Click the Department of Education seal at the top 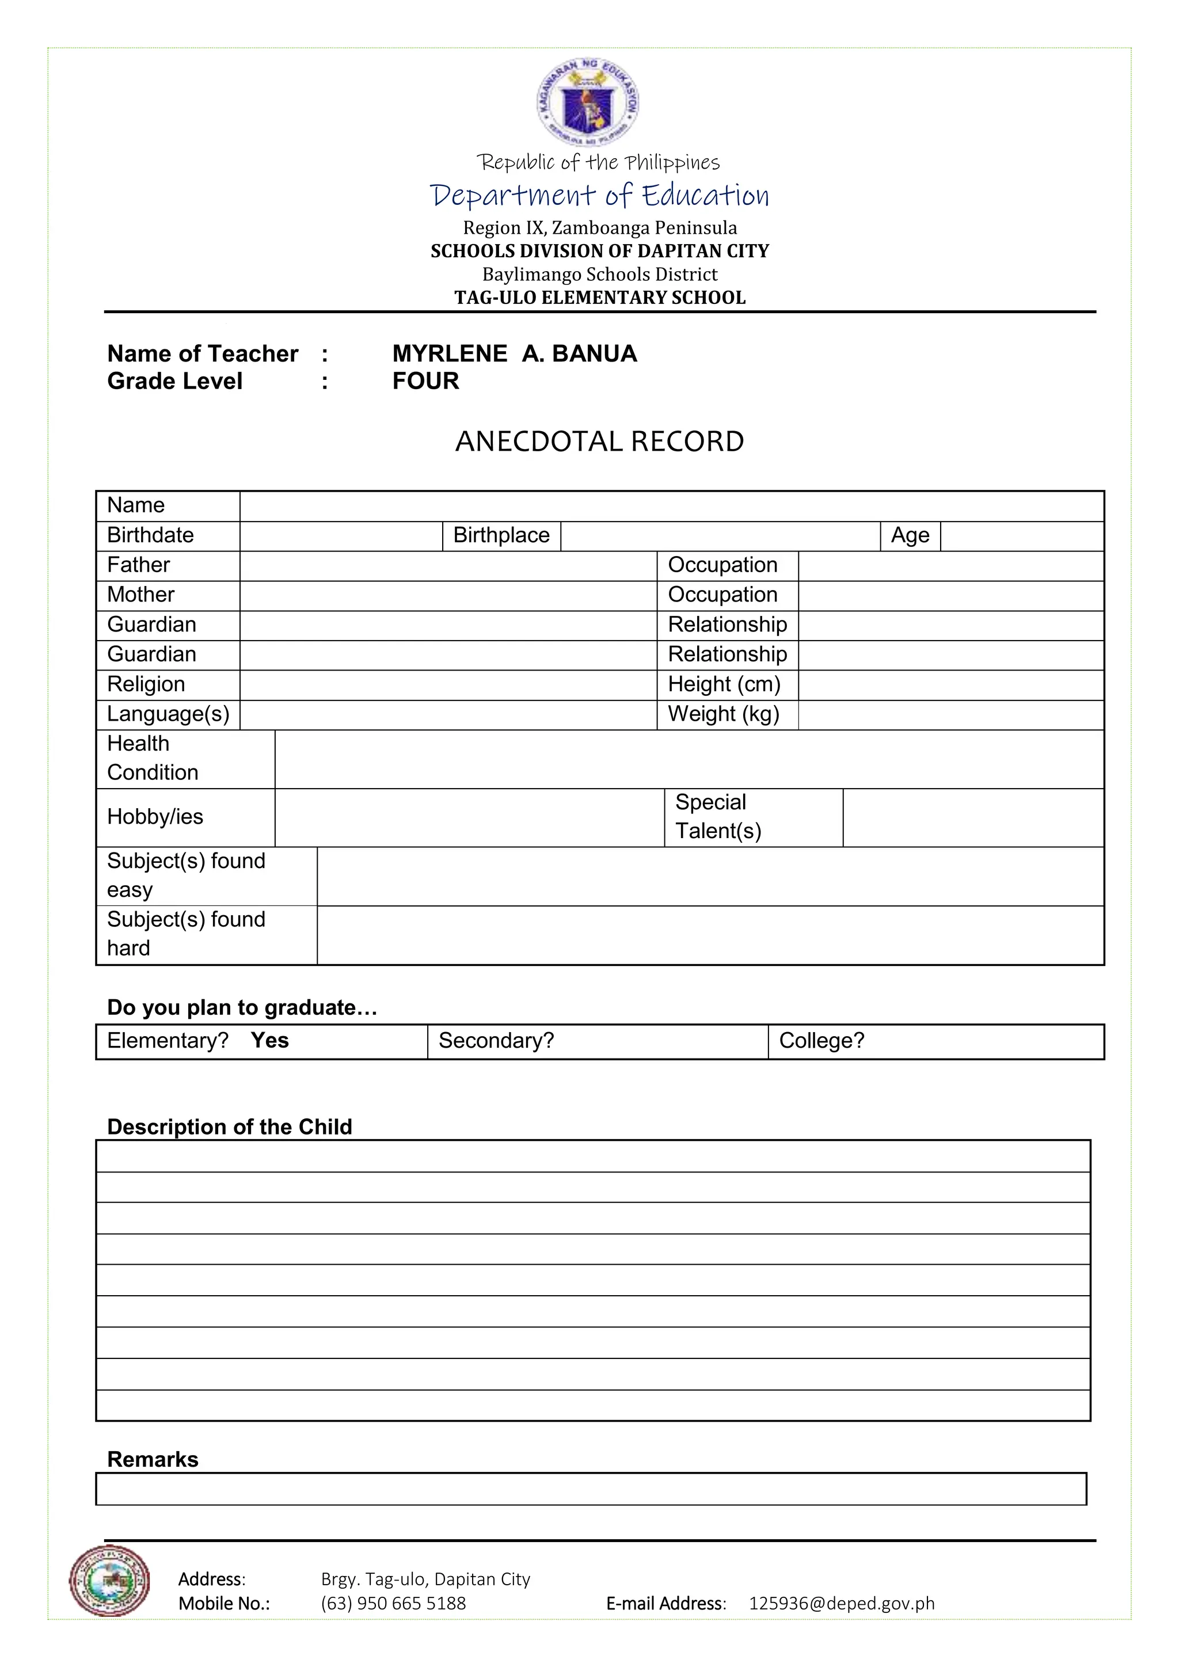click(588, 102)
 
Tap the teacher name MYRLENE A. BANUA click(514, 353)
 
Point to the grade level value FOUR click(425, 381)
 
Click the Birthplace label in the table click(501, 536)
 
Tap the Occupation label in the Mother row click(723, 595)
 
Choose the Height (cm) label click(724, 684)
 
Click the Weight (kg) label click(723, 714)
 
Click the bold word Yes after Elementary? click(270, 1040)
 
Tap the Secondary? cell click(597, 1041)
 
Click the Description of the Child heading click(230, 1127)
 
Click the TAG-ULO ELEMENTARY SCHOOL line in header click(600, 298)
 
